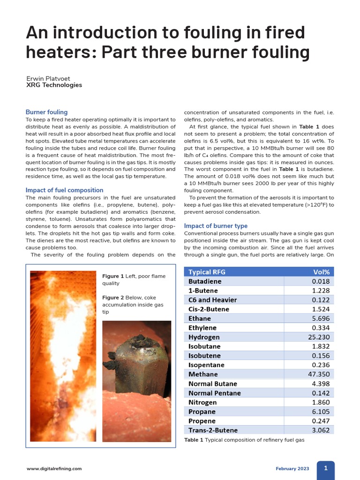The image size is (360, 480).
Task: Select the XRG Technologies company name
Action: tap(54, 85)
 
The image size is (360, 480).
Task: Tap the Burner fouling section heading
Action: tap(46, 112)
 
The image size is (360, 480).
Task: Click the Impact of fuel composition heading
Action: tap(64, 190)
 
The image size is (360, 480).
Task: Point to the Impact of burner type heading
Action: tap(216, 225)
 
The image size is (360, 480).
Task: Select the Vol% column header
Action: tap(321, 272)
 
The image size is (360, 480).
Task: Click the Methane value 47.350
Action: tap(319, 374)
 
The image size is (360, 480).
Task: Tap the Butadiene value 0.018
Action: tap(321, 281)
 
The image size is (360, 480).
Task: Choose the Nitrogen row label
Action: tap(202, 402)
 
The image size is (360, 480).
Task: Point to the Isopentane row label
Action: tap(206, 365)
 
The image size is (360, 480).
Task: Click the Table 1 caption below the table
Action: tap(244, 440)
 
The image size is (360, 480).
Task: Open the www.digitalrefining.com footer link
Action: tap(54, 468)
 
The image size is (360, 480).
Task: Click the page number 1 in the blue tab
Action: tap(326, 468)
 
